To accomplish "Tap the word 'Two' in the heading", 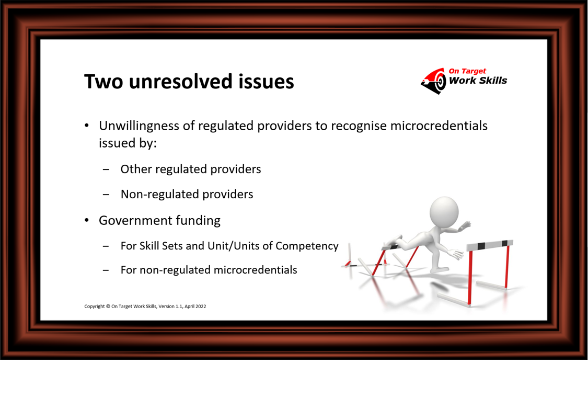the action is point(103,82).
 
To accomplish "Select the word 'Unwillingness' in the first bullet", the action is point(139,126).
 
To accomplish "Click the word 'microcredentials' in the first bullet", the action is point(439,126).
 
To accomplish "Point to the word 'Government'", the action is point(135,220).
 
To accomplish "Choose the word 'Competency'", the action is point(307,246).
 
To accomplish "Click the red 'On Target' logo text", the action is point(467,71).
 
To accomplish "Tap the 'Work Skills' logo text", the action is point(478,81).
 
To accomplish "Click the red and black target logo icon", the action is point(434,81).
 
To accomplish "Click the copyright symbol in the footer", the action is point(108,306).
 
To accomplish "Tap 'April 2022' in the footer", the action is point(195,307).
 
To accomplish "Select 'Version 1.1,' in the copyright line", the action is point(170,306).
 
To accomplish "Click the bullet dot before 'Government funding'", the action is point(87,220).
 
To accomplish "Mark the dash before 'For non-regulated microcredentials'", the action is point(106,270).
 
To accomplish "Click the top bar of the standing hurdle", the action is point(490,245).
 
